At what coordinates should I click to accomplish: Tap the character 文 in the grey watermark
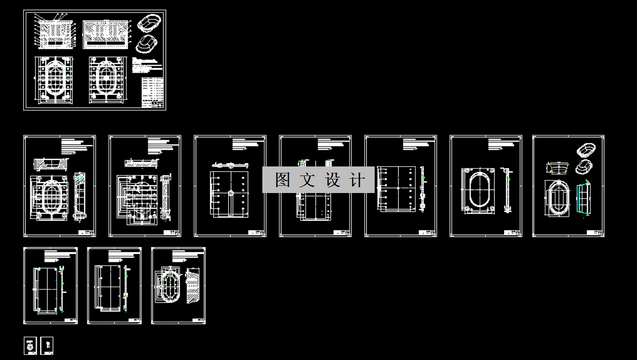point(306,180)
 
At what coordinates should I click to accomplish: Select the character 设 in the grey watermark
point(333,180)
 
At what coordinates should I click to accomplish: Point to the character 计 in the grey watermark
point(357,180)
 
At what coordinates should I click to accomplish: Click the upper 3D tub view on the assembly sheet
point(149,23)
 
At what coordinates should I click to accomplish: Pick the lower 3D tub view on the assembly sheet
point(147,44)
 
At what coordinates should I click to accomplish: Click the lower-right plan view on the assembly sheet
point(106,79)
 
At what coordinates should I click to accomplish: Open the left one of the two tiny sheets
point(31,345)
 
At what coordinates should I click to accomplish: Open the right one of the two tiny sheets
point(47,345)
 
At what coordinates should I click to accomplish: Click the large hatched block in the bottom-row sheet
point(192,286)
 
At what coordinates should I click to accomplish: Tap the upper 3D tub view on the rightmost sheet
point(585,149)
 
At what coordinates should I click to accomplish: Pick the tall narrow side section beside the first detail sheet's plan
point(79,196)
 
